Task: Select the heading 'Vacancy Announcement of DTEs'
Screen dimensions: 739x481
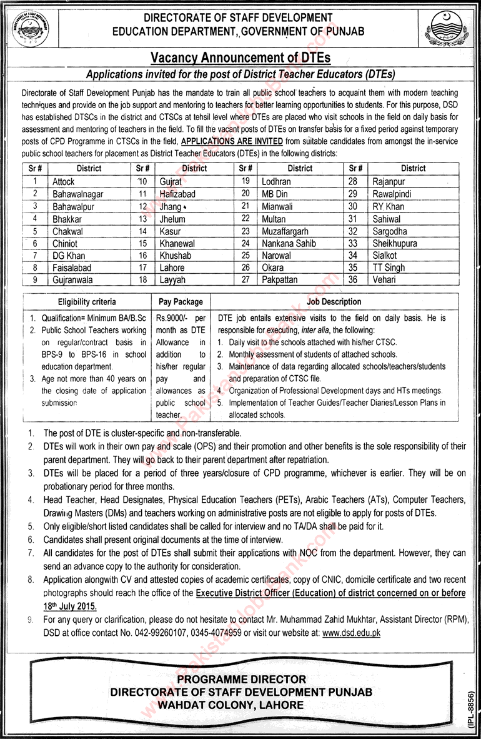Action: click(x=241, y=58)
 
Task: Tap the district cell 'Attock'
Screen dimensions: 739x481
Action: click(x=64, y=181)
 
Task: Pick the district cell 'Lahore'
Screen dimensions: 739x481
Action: click(x=172, y=268)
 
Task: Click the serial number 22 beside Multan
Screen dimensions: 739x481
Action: click(x=245, y=219)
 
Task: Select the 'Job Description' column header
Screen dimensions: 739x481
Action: click(x=334, y=301)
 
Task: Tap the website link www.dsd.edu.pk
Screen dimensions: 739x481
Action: click(x=352, y=633)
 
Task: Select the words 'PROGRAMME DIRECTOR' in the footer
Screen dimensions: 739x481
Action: click(x=241, y=678)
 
